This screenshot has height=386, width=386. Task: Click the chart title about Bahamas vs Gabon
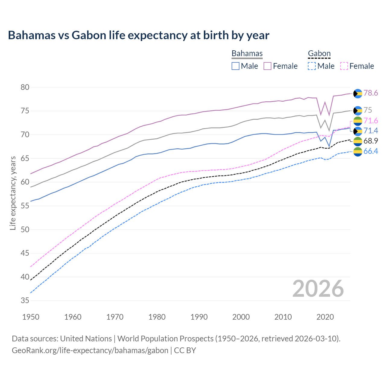(x=138, y=35)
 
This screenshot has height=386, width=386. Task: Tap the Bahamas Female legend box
(x=267, y=66)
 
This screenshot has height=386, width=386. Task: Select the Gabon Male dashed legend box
(x=312, y=66)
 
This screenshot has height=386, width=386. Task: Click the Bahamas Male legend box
(x=236, y=66)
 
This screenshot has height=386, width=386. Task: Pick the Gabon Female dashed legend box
(x=344, y=66)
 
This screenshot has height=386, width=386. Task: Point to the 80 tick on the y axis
(x=25, y=87)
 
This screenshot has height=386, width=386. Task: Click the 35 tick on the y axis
(x=25, y=301)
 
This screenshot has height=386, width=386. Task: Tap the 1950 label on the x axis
(x=31, y=317)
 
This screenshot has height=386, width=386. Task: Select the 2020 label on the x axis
(x=325, y=317)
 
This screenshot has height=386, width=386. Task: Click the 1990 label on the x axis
(x=199, y=317)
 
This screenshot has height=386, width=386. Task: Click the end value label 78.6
(x=371, y=93)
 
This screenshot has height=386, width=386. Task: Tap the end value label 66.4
(x=371, y=151)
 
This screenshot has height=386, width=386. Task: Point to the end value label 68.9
(x=371, y=141)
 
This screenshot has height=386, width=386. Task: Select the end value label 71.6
(x=371, y=121)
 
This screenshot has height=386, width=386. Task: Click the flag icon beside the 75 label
(x=358, y=111)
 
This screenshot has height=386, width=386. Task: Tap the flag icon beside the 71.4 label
(x=358, y=131)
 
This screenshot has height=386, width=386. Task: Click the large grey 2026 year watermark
(x=318, y=289)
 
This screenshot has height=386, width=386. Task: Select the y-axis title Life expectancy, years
(x=13, y=193)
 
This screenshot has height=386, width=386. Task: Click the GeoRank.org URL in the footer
(x=90, y=350)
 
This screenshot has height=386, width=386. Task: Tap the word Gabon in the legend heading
(x=319, y=53)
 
